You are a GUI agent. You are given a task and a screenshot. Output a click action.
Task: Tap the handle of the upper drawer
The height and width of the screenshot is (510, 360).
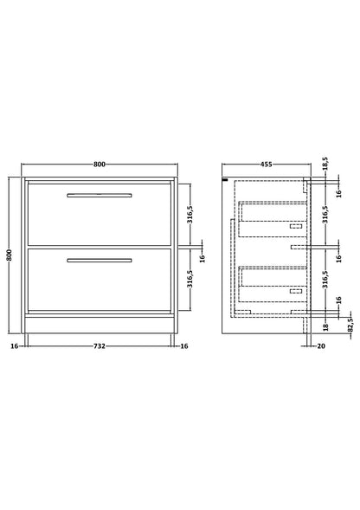(100, 194)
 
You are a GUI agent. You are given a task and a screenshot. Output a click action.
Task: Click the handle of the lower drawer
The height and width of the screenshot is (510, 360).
(100, 259)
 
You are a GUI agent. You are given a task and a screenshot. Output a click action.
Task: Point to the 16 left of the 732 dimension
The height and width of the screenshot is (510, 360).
(13, 345)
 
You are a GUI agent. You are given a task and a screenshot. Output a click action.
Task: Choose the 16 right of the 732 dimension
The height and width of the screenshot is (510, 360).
(186, 345)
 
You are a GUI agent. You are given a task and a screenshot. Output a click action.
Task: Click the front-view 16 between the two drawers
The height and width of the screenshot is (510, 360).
(202, 257)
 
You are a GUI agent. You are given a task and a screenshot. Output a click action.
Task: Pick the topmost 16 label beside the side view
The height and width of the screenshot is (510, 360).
(325, 195)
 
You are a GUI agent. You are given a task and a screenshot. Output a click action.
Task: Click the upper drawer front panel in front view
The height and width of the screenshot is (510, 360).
(100, 216)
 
